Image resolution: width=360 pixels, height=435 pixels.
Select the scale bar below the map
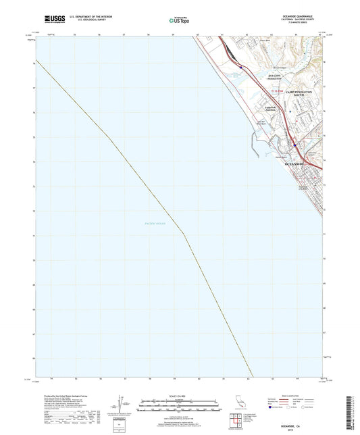(x=180, y=407)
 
